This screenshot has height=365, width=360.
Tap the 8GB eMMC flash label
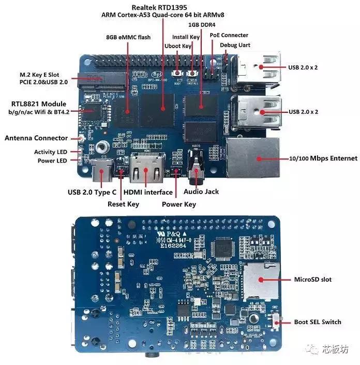pos(128,37)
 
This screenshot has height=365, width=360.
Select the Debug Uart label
pos(235,45)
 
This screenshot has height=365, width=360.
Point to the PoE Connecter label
pos(229,35)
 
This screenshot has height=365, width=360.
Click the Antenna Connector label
pos(36,138)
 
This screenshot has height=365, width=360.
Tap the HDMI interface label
pos(148,192)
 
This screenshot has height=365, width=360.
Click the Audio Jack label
pos(201,192)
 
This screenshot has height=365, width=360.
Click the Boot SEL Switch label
pos(318,322)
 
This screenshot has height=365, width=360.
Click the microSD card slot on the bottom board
pos(258,280)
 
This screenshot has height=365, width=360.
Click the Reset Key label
pos(123,204)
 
